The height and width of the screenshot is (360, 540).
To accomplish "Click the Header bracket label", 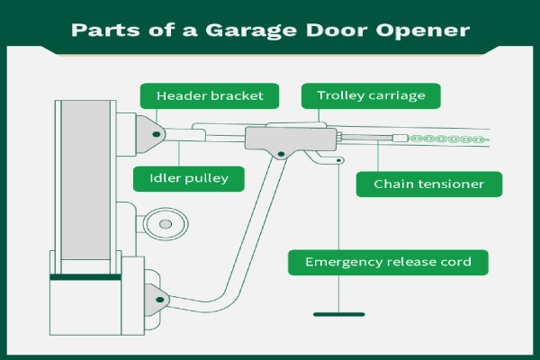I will (x=208, y=95).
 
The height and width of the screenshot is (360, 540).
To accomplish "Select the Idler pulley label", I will (x=188, y=178).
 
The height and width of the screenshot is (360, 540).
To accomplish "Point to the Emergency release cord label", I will (x=389, y=263).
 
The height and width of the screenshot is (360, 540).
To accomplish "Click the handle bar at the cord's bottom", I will (x=339, y=314).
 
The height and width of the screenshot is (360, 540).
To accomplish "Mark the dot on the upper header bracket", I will (x=157, y=134).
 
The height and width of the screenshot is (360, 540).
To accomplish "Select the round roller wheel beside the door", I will (x=164, y=220).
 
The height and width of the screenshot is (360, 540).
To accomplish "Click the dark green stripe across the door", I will (x=86, y=278).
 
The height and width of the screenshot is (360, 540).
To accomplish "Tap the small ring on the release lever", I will (x=339, y=162).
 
